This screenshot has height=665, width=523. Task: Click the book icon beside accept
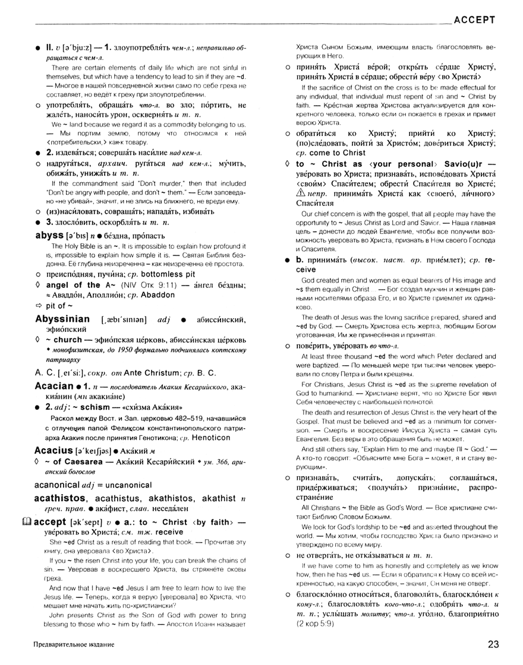click(27, 522)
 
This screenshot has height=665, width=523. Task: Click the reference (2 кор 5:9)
click(316, 624)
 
